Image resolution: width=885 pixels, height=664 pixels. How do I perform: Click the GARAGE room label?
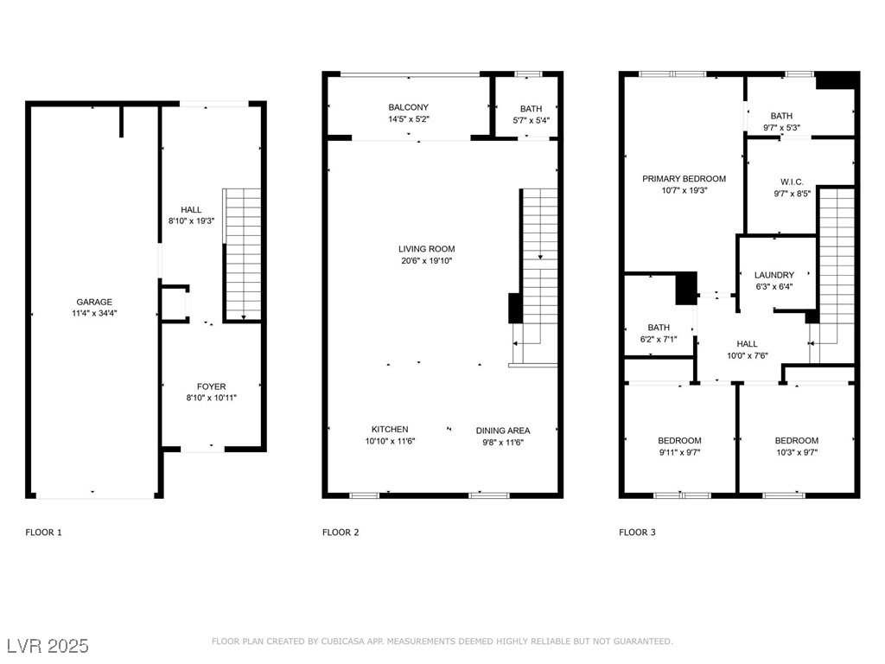[94, 302]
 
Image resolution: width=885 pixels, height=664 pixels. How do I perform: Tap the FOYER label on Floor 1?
[211, 386]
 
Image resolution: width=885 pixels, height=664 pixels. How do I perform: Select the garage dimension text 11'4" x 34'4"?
[94, 313]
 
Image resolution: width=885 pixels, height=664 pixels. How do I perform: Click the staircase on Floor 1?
[243, 255]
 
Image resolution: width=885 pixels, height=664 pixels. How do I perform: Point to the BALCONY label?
[409, 107]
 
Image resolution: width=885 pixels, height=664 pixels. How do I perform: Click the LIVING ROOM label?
[427, 249]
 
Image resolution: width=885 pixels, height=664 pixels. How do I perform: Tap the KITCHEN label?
[390, 430]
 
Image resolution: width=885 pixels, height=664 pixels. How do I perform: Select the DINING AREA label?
[503, 431]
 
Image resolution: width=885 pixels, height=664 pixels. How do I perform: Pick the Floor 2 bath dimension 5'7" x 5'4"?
[532, 120]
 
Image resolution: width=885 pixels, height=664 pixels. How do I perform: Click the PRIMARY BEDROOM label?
[684, 179]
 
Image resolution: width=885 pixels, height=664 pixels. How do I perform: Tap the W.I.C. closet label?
[792, 182]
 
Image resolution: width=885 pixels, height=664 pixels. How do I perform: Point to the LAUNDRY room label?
[774, 275]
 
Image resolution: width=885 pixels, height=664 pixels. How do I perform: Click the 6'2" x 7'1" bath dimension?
[659, 339]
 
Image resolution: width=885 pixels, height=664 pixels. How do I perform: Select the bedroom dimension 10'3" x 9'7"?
[796, 452]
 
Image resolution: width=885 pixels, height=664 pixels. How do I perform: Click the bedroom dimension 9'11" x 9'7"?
[679, 452]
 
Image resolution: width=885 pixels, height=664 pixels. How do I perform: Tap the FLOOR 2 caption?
[341, 533]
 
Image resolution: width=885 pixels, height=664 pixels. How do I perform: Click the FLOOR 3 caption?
[637, 533]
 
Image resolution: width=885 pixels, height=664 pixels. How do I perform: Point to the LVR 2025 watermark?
[48, 646]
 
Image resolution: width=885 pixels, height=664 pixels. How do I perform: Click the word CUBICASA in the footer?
[343, 642]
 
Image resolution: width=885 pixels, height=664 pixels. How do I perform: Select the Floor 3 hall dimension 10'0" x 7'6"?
[748, 355]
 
